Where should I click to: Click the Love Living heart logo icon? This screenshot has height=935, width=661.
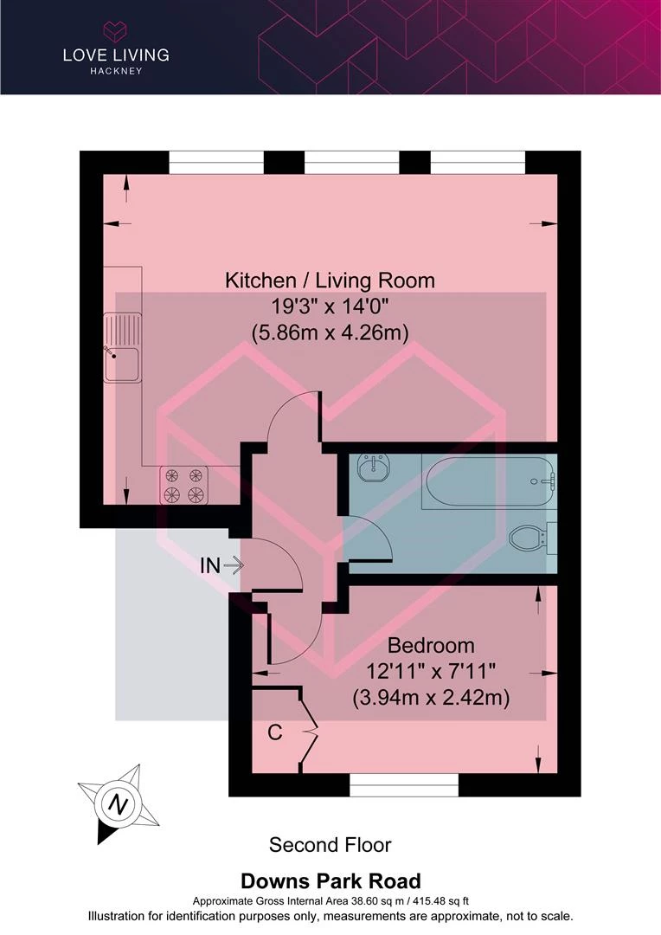pos(115,32)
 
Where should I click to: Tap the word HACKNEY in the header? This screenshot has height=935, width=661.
pos(116,71)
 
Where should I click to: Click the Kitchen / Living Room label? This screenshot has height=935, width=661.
pos(330,280)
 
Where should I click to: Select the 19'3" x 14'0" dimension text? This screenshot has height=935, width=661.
pos(330,306)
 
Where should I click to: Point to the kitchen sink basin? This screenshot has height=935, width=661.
pos(122,364)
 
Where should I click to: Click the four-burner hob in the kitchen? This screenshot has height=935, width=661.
pos(183,485)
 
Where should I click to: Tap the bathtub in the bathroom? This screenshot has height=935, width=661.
pos(489,480)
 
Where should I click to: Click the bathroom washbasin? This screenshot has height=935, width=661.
pos(375,467)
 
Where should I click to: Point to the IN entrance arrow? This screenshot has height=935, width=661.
pos(233,565)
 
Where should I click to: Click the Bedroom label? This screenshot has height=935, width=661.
pos(431,645)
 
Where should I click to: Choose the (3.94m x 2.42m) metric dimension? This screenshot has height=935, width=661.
pos(431,697)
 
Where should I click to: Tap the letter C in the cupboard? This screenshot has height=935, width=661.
pos(275,732)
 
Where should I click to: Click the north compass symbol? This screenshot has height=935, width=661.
pos(118,803)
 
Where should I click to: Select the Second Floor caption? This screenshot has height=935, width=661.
pos(330,845)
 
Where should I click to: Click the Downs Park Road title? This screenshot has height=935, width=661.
pos(330,880)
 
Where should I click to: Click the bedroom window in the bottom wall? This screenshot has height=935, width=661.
pos(404,784)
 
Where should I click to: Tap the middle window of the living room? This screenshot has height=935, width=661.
pos(351,162)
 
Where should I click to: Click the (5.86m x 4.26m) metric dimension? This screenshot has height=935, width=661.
pos(330,332)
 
